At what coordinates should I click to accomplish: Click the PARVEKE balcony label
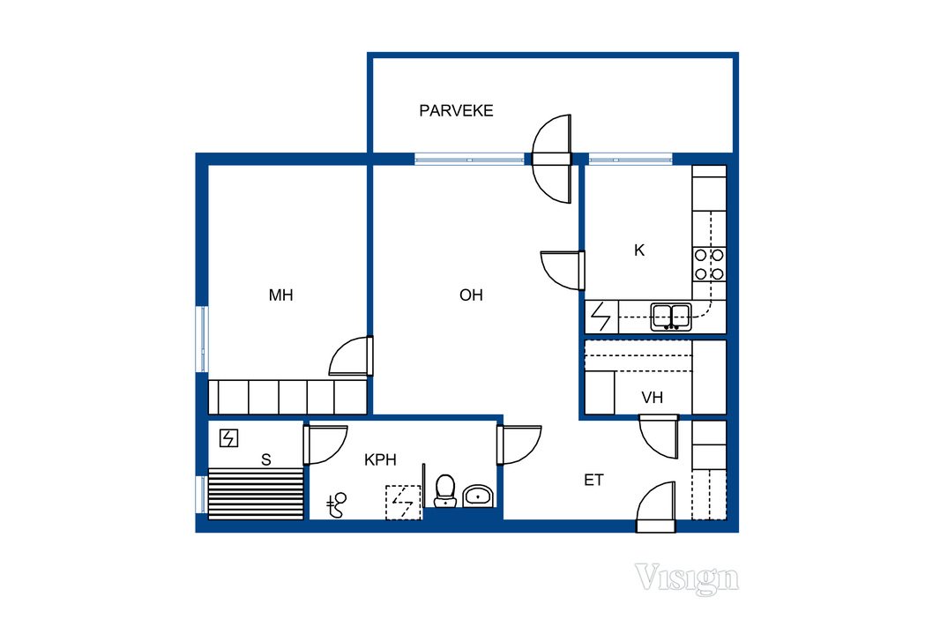(x=456, y=111)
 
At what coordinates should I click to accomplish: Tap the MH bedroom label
(x=280, y=295)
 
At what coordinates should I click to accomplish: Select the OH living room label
(x=471, y=295)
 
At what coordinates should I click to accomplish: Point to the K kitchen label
(x=639, y=250)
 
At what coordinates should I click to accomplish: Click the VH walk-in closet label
(x=653, y=398)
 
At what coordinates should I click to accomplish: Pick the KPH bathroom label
(x=380, y=459)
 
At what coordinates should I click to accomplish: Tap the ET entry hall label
(x=593, y=480)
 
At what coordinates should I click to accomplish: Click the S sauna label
(x=266, y=459)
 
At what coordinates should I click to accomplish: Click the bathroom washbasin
(x=478, y=496)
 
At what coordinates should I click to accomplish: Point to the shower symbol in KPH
(x=336, y=505)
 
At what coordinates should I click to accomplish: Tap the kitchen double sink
(x=671, y=317)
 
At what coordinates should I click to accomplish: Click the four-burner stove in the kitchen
(x=709, y=265)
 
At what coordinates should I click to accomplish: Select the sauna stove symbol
(x=228, y=438)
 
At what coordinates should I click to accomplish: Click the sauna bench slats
(x=256, y=494)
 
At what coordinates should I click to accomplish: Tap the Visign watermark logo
(x=687, y=578)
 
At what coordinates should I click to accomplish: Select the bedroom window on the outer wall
(x=203, y=340)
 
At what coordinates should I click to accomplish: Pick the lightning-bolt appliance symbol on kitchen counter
(x=601, y=317)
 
